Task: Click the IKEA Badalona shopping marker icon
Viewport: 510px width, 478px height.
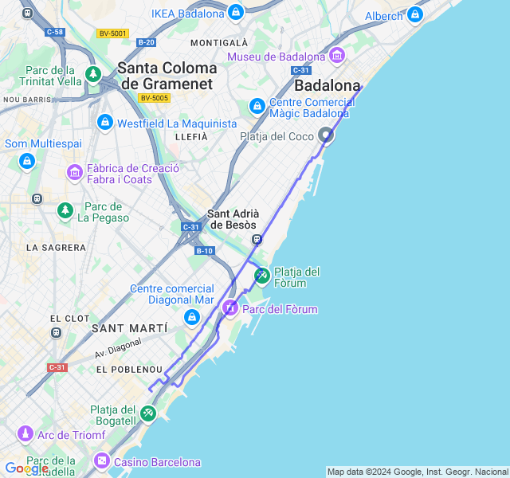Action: (235, 13)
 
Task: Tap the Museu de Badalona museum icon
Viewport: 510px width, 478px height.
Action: (336, 56)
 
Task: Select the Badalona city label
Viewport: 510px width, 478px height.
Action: (328, 85)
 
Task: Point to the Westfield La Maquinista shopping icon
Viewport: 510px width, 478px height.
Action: (104, 123)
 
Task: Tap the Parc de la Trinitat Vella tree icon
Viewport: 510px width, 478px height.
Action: (93, 75)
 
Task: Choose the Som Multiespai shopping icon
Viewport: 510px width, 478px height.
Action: (27, 162)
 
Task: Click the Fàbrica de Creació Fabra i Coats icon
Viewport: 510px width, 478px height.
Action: (74, 172)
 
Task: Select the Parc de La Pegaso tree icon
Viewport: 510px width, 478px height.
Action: (65, 210)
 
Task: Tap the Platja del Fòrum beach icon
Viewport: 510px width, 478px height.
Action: (261, 276)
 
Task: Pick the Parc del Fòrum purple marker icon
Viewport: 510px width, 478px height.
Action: (229, 308)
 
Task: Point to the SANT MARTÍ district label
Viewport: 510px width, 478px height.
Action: (129, 328)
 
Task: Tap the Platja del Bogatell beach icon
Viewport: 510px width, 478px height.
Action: (148, 414)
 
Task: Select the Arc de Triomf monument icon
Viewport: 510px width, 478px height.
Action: (25, 434)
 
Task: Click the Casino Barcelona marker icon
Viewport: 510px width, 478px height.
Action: (102, 461)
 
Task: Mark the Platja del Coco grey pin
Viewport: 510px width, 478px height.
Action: (326, 136)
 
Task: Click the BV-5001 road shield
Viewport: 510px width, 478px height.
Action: (112, 33)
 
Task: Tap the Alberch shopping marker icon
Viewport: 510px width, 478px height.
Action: (414, 15)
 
